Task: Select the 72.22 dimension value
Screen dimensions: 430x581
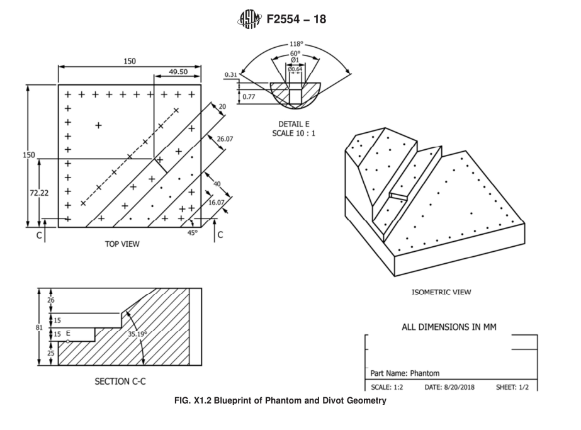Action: (x=39, y=193)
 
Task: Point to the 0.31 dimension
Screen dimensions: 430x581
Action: (x=231, y=76)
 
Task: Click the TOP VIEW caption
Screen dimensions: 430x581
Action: (x=122, y=244)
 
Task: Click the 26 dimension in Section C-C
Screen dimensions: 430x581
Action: (x=51, y=300)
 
